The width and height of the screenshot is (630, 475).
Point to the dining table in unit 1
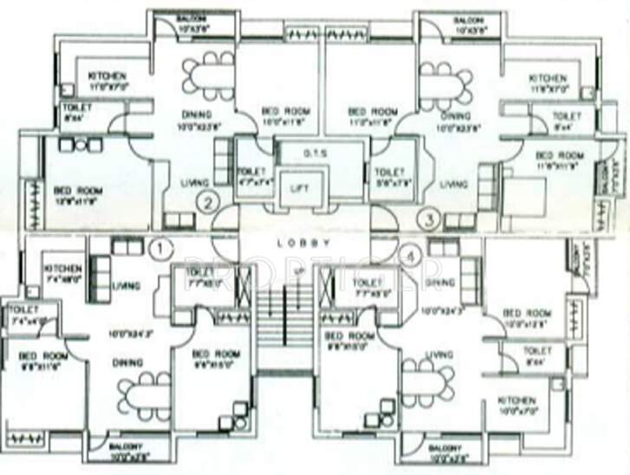point(144,395)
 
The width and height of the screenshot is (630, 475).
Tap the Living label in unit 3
point(453,184)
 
